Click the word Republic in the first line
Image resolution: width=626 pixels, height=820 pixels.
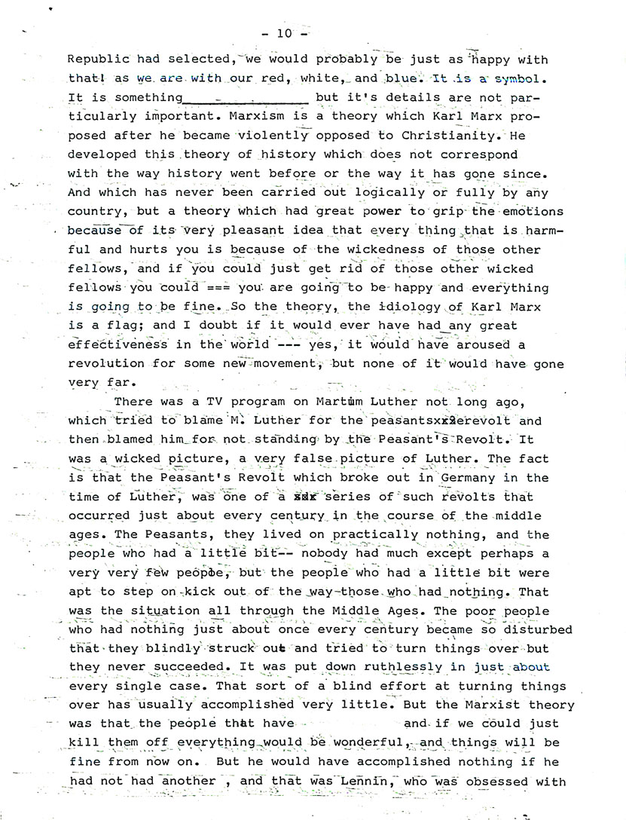click(98, 59)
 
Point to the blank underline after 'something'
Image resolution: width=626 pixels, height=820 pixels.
click(246, 97)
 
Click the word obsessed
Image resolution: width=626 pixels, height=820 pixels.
click(503, 781)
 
